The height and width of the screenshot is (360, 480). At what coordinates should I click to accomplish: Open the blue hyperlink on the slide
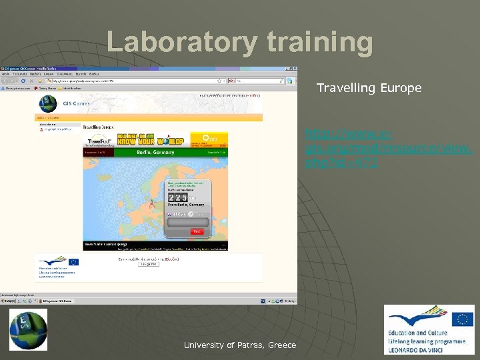(x=389, y=147)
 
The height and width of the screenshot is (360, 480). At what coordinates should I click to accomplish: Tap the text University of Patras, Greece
(x=240, y=345)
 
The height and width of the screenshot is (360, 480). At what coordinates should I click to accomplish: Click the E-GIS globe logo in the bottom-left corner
(x=28, y=329)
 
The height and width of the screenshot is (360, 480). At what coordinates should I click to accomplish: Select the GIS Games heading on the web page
(x=76, y=103)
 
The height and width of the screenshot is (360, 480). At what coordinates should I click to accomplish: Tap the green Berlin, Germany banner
(x=155, y=152)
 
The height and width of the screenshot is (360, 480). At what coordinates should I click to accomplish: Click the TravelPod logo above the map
(x=99, y=141)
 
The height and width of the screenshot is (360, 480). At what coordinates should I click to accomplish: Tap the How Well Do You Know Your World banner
(x=152, y=139)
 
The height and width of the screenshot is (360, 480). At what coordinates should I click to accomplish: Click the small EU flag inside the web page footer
(x=73, y=262)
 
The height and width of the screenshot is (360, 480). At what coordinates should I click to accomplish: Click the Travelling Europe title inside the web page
(x=98, y=126)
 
